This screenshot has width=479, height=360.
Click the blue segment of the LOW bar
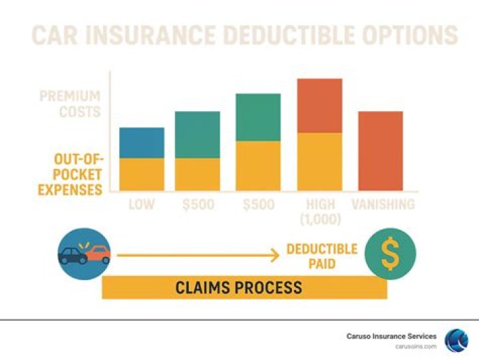click(x=142, y=142)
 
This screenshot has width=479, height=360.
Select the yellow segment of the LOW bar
click(x=142, y=174)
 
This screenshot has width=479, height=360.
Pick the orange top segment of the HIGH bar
click(x=319, y=106)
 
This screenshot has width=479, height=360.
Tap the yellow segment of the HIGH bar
click(x=319, y=162)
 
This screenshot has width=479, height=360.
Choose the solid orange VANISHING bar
click(x=381, y=150)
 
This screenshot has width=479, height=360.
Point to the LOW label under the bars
click(x=142, y=204)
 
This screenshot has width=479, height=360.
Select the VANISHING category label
click(x=383, y=204)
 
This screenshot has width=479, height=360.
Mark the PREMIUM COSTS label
click(x=69, y=104)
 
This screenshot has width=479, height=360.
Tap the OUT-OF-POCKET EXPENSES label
click(x=69, y=174)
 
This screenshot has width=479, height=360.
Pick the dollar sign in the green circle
click(x=391, y=254)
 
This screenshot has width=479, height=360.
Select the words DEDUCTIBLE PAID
click(x=321, y=256)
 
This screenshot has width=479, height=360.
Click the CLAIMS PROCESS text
click(x=238, y=287)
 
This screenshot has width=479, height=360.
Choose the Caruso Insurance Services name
click(x=392, y=336)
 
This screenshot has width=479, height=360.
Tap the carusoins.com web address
click(x=417, y=346)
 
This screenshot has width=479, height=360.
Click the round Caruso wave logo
click(x=456, y=340)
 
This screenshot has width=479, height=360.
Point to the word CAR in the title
click(x=58, y=35)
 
